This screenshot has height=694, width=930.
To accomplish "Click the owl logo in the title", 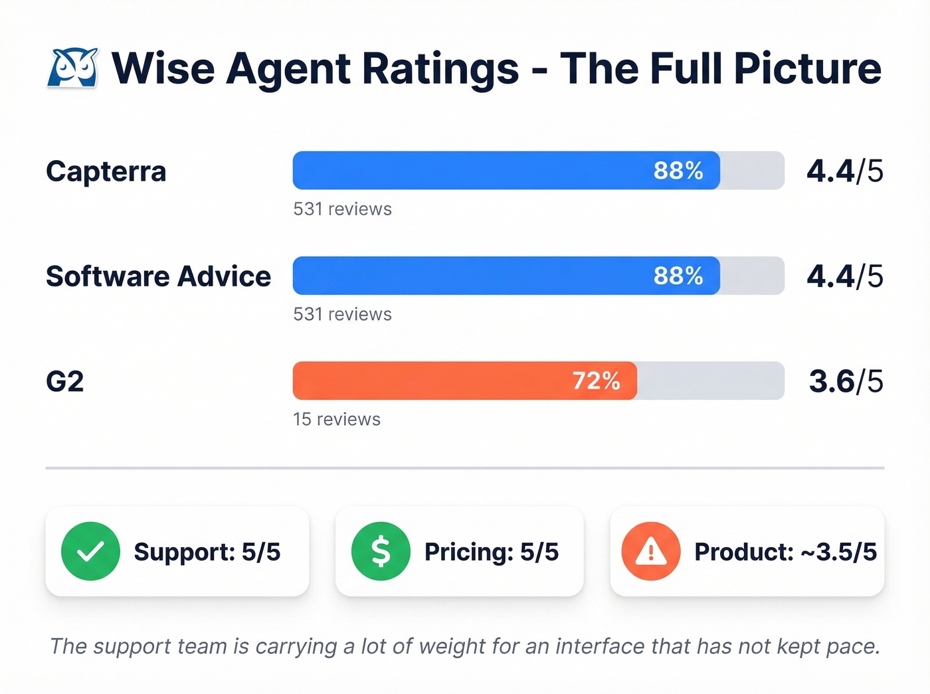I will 72,68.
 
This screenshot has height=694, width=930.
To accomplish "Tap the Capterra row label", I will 106,171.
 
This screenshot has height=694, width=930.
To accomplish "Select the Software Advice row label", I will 158,276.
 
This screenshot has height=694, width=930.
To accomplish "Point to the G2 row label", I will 65,381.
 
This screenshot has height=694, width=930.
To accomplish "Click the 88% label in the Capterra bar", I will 678,171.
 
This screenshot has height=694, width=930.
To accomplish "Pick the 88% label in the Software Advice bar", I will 678,276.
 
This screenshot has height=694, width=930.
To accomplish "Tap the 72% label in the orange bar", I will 596,381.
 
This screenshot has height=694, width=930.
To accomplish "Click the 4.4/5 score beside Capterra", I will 844,171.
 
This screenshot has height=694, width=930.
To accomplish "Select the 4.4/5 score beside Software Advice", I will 844,276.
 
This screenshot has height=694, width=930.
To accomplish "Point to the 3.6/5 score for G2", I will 846,381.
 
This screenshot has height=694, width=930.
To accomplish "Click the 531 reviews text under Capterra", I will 342,209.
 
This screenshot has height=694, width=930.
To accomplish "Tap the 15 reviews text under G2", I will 337,419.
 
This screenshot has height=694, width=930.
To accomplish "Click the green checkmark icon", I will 90,551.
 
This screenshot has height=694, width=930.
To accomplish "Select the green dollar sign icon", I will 381,551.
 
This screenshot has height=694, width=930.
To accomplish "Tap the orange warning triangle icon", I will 650,551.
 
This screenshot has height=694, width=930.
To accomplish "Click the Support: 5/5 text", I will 207,552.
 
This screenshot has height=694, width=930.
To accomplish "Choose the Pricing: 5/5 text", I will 491,552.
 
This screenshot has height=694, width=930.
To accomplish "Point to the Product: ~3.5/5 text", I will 785,552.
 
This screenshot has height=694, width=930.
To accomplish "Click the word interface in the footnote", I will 601,646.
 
